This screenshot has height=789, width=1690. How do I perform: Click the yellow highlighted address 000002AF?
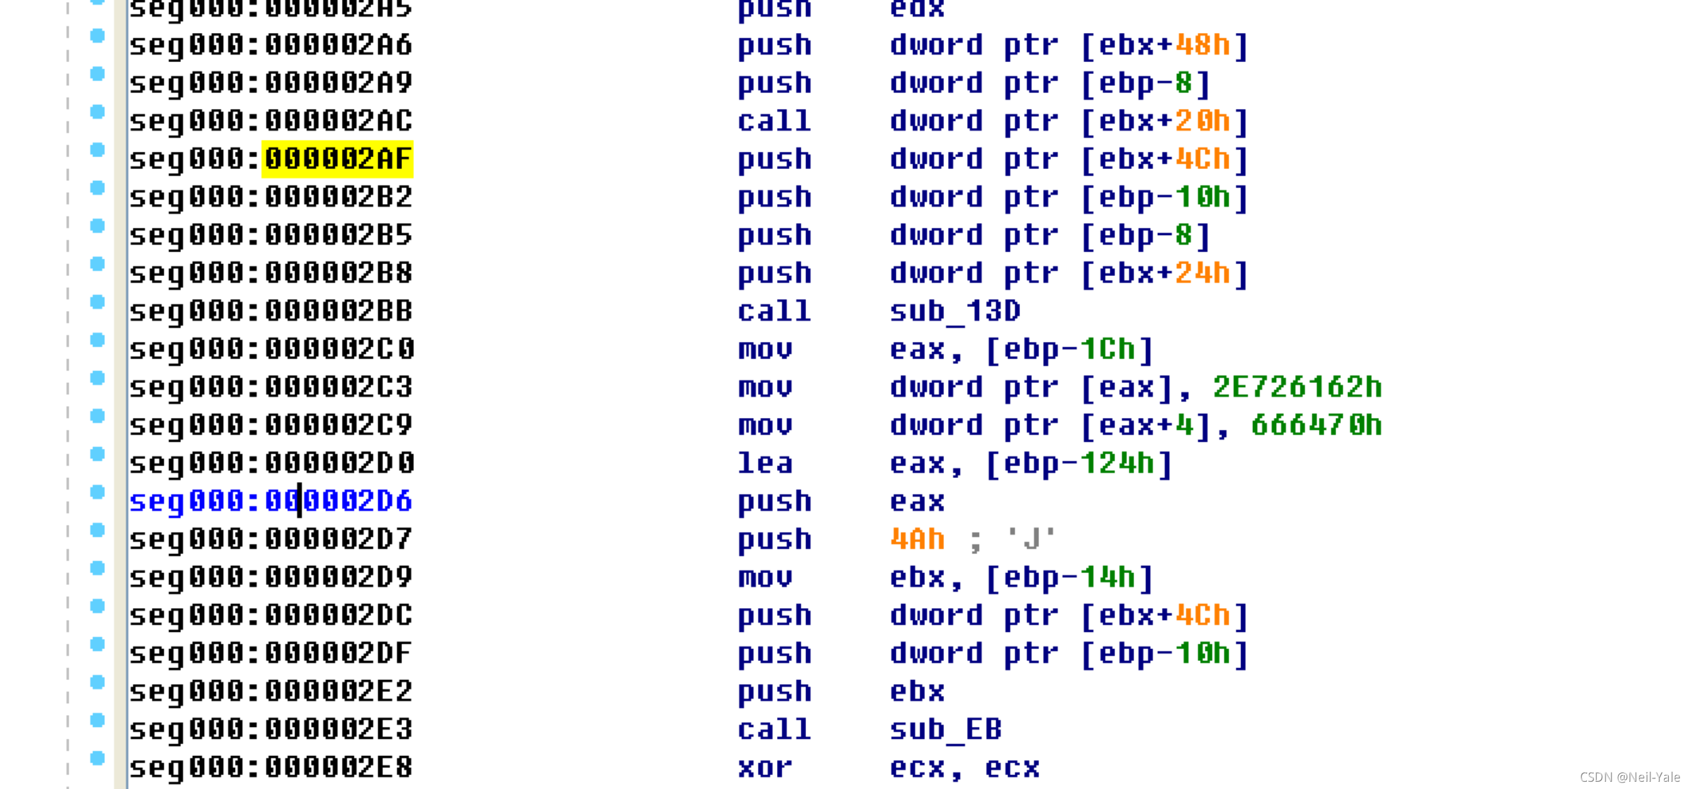pos(337,159)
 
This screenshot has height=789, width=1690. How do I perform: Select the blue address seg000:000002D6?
pos(271,501)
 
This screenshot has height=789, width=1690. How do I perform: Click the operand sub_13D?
pos(955,311)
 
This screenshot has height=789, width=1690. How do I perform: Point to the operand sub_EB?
pos(945,730)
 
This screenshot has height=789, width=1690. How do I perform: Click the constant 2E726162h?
pos(1297,387)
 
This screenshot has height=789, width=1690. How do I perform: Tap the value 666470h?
pos(1316,425)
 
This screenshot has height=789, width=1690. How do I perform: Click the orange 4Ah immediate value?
pos(917,539)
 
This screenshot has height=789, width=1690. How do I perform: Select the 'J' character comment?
pos(1031,539)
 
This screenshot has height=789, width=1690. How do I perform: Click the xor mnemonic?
pos(764,767)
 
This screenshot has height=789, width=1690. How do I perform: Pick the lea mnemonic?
pos(764,463)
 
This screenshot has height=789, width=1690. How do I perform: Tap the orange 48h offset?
pos(1203,45)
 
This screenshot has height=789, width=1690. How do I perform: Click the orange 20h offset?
pos(1203,121)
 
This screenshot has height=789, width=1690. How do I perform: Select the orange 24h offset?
pos(1203,273)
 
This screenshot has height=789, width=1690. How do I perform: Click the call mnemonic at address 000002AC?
pos(774,121)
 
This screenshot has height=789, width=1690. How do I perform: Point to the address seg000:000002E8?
pos(271,767)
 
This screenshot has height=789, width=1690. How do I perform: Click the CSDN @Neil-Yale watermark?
pos(1629,777)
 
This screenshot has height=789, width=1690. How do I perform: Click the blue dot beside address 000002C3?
pos(98,378)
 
